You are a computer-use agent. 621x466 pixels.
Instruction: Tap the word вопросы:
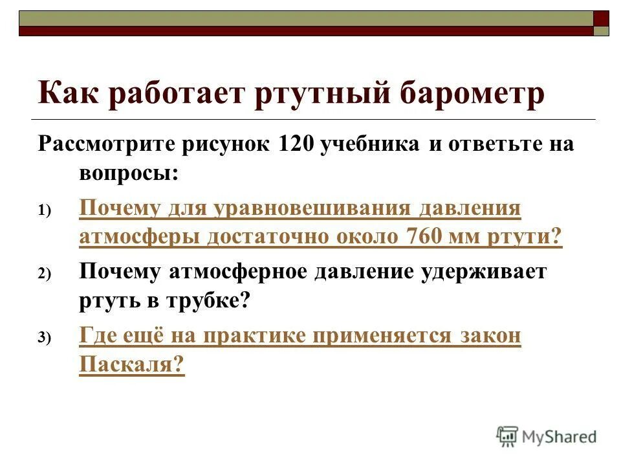(129, 174)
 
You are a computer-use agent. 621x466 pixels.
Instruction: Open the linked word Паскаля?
(132, 365)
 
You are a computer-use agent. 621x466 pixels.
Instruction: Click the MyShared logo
(547, 436)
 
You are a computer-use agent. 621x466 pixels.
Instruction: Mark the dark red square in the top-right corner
(601, 18)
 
